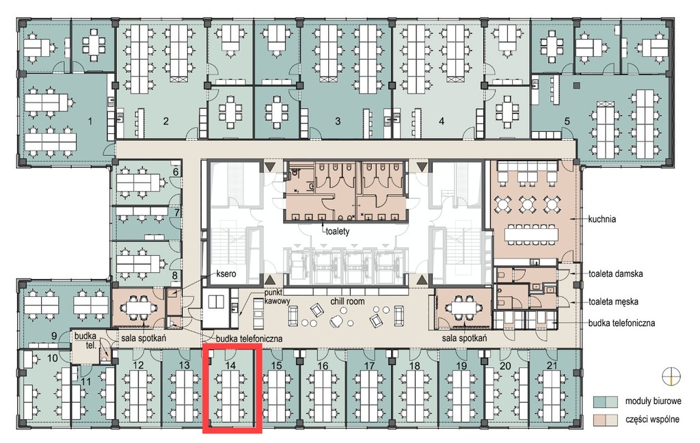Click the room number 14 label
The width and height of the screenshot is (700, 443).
230,365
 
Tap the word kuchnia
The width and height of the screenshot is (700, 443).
602,219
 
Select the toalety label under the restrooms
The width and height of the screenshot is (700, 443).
337,231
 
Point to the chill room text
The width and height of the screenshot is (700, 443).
347,301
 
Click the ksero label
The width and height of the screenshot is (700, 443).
226,273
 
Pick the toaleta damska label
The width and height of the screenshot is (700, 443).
616,273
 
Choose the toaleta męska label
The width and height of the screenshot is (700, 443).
613,302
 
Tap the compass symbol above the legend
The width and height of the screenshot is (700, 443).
671,375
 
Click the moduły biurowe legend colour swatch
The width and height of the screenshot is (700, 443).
606,401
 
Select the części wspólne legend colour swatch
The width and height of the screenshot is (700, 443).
606,420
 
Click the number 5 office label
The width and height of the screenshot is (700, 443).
567,121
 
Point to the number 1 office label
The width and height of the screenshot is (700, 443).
91,121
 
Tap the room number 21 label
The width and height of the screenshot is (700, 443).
552,365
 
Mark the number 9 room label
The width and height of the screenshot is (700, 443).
53,336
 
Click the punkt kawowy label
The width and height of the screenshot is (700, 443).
277,297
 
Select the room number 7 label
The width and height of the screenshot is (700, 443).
177,213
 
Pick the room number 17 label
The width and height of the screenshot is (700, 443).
369,365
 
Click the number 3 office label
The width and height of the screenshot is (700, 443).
338,121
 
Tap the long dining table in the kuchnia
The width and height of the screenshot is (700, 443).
532,234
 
